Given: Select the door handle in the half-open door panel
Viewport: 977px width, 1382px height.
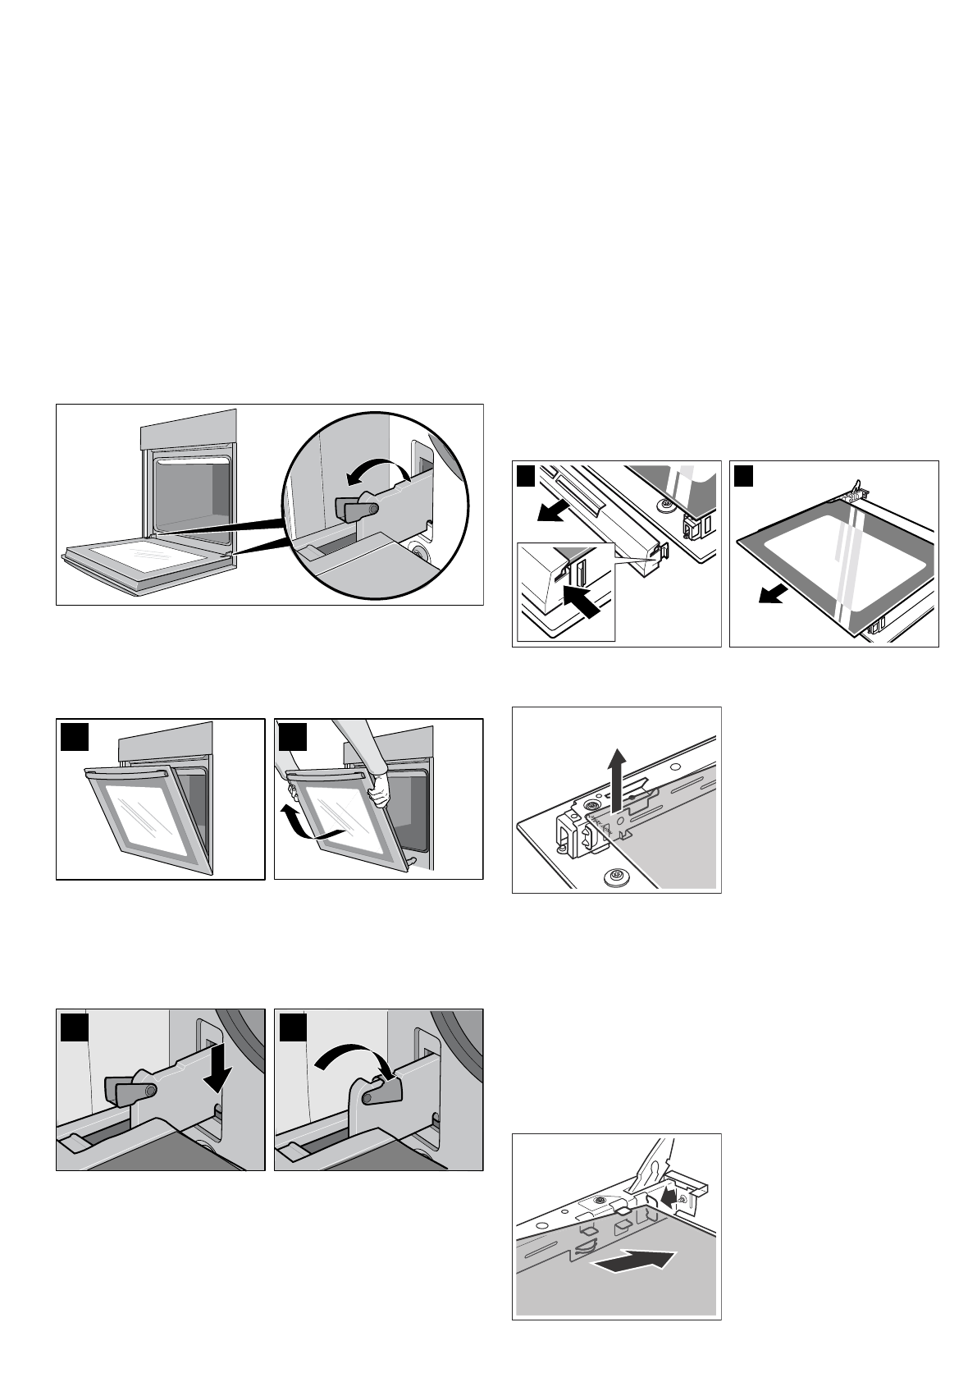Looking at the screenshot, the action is [x=127, y=773].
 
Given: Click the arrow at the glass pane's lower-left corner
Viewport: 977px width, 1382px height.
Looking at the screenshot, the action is [x=771, y=593].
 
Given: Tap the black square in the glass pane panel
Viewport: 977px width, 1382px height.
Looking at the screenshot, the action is [x=744, y=476].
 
